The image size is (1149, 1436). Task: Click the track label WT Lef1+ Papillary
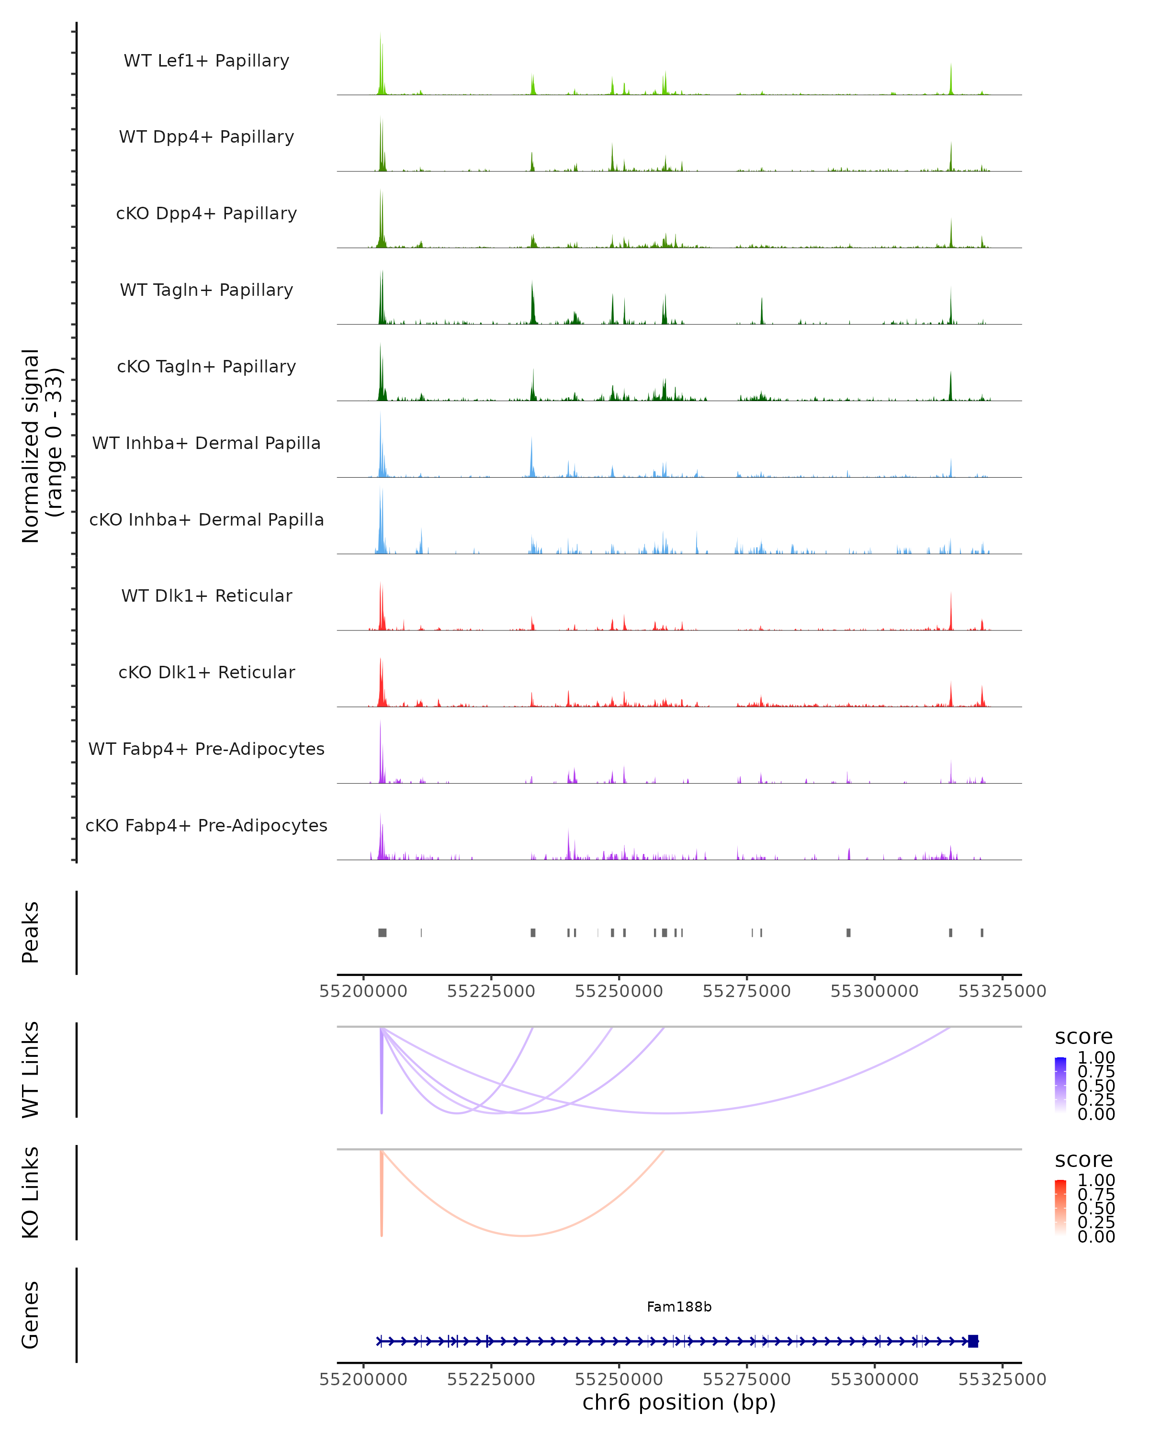click(206, 61)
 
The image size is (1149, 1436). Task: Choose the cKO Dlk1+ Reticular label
click(206, 672)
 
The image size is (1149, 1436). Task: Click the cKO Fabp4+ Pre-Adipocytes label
click(206, 825)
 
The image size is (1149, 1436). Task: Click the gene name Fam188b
click(679, 1307)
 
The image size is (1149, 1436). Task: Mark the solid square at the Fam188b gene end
click(973, 1341)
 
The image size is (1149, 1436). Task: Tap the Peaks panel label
click(31, 932)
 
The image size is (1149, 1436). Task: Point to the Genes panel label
click(31, 1315)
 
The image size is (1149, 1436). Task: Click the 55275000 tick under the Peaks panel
click(747, 992)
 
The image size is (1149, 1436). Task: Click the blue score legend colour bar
click(1060, 1085)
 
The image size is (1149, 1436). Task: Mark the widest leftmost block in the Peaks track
click(383, 932)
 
